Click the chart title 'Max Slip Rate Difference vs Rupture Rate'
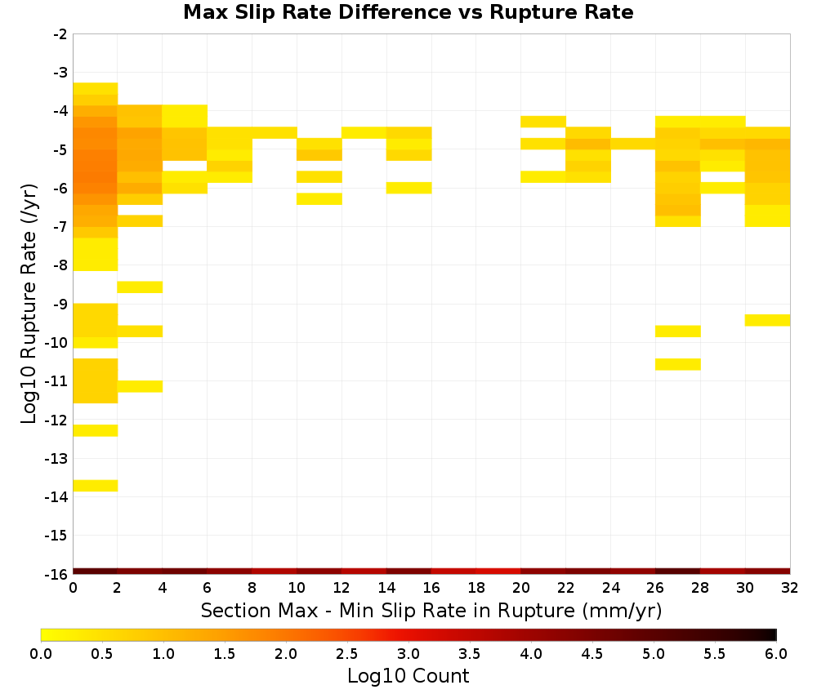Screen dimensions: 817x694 [408, 12]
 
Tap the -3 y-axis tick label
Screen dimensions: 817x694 [60, 73]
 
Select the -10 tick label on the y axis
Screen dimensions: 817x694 [56, 343]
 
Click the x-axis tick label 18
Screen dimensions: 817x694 [476, 588]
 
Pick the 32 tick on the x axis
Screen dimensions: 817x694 [790, 588]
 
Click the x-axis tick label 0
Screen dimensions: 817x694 [73, 588]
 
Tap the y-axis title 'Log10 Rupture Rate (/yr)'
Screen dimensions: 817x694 [29, 304]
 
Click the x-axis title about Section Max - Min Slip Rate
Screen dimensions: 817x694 [431, 610]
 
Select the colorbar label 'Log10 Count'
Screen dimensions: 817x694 [408, 676]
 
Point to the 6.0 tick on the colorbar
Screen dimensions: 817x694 [776, 654]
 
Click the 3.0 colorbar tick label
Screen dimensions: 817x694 [408, 654]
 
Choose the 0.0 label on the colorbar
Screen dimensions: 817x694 [41, 654]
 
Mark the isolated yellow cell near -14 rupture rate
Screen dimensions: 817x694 [96, 486]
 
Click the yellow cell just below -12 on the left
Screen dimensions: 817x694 [96, 430]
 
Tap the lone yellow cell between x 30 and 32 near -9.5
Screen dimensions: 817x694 [767, 320]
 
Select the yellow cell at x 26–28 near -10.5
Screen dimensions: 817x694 [678, 364]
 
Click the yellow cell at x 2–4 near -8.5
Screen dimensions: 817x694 [141, 287]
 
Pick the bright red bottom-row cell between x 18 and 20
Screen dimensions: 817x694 [498, 572]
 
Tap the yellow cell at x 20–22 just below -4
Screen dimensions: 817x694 [543, 122]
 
